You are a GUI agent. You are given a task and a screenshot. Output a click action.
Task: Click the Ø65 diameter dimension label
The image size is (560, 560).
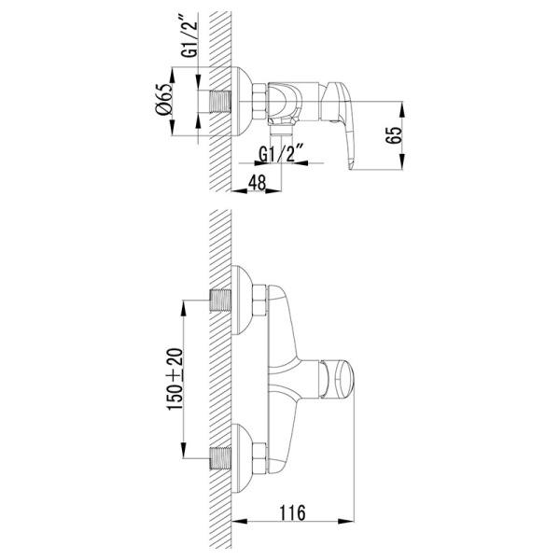click(x=164, y=99)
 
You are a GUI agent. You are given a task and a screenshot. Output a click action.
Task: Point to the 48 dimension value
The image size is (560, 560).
click(x=258, y=183)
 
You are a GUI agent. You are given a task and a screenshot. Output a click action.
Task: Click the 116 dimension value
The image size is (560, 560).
click(x=292, y=512)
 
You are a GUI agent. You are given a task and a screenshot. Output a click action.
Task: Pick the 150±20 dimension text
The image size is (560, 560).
click(x=175, y=379)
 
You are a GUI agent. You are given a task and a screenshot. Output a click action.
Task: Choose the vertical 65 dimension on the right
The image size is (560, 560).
click(x=394, y=135)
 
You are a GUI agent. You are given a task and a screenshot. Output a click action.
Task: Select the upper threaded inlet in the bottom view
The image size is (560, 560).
click(x=220, y=301)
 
